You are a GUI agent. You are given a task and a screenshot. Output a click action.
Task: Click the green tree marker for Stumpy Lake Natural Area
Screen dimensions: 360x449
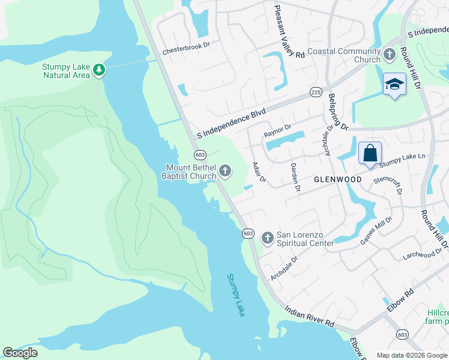(99, 71)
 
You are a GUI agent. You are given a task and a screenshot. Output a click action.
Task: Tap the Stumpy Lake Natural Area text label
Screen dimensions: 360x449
(65, 71)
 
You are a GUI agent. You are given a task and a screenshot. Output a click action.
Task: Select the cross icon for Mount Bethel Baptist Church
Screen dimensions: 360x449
(225, 172)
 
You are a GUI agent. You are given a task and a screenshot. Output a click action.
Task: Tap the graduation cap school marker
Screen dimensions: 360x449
(394, 85)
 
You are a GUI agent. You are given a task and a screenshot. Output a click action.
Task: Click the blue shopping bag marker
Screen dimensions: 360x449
(370, 153)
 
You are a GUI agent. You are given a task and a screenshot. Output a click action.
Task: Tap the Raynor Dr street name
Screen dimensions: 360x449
(277, 127)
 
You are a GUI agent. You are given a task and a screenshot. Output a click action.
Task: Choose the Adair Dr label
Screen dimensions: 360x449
(259, 172)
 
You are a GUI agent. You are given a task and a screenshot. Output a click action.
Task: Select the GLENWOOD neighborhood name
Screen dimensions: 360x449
(338, 179)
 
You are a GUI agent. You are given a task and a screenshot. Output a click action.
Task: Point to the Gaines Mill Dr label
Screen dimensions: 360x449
(375, 230)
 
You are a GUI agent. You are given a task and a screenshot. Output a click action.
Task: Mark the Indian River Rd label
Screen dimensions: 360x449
(309, 315)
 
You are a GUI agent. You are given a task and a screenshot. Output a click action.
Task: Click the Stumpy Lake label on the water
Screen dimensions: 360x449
(236, 295)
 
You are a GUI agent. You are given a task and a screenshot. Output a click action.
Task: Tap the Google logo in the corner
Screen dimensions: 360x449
(20, 353)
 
